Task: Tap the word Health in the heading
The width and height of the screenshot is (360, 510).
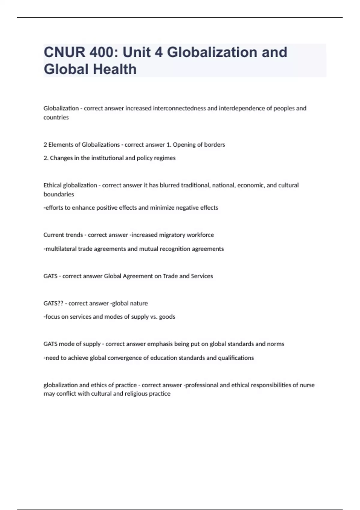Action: click(115, 69)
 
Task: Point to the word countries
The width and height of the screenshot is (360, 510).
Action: click(56, 117)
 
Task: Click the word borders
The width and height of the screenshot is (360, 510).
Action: click(214, 145)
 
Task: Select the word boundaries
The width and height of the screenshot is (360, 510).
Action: click(59, 194)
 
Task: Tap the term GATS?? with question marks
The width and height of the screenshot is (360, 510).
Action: click(53, 303)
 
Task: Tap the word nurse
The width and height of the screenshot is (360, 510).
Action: click(307, 385)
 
